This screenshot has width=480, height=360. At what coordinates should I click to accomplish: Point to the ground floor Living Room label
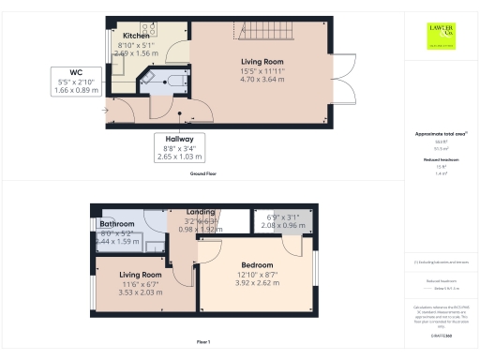click(261, 62)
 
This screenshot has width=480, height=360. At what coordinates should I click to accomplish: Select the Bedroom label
click(256, 265)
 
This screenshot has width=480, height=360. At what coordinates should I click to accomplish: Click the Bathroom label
click(118, 225)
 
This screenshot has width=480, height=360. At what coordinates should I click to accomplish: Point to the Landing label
click(201, 213)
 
